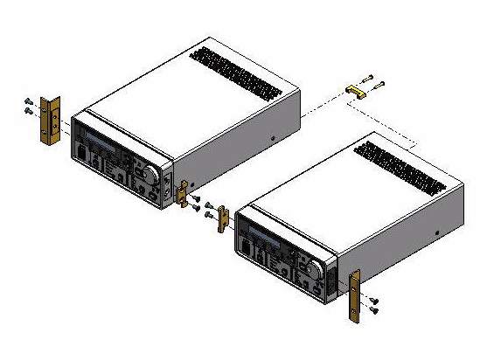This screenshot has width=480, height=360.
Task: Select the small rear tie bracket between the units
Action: point(357,90)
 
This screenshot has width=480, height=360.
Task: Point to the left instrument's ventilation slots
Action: point(231,66)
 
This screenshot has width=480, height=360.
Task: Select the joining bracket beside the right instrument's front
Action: point(222,217)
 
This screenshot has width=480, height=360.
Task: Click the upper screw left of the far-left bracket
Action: point(28,100)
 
